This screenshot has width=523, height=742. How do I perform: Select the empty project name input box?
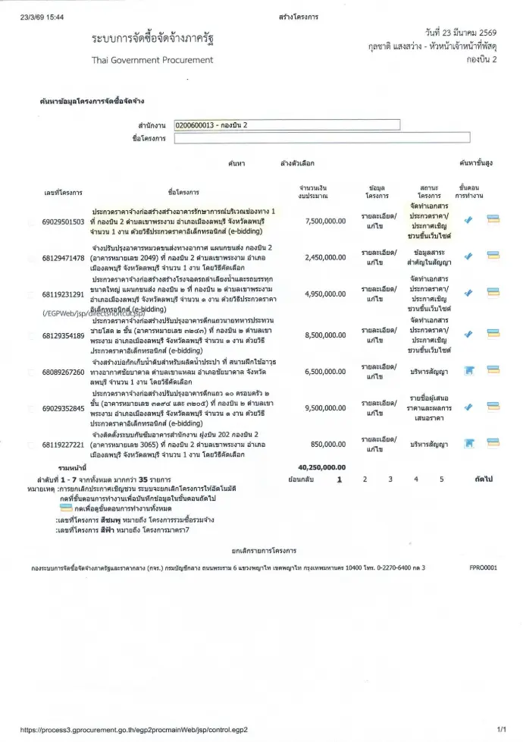pos(321,138)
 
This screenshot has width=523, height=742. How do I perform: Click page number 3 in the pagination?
pos(390,479)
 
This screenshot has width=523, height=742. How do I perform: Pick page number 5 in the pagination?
pos(441,479)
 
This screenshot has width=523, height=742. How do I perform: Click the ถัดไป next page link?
pos(483,479)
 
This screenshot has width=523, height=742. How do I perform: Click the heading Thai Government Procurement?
pos(152,60)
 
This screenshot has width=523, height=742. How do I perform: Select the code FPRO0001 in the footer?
pos(483,567)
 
